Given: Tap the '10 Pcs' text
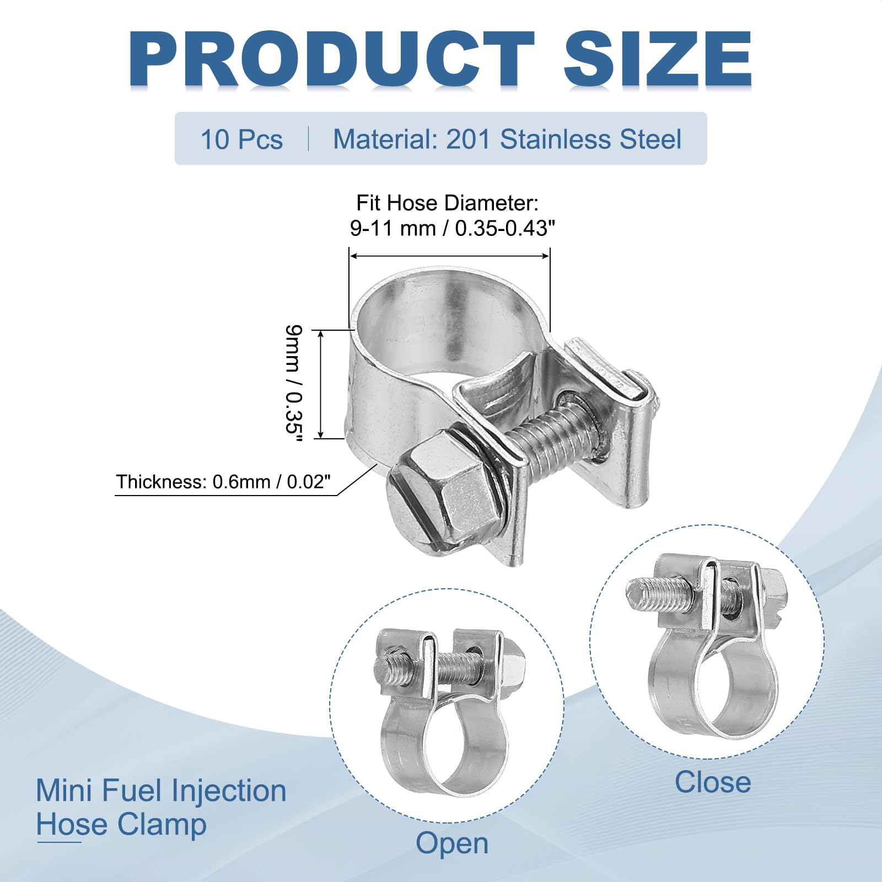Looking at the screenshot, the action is (x=241, y=139).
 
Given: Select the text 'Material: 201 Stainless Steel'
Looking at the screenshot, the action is (x=507, y=139).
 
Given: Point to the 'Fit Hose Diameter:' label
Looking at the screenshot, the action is (x=447, y=203).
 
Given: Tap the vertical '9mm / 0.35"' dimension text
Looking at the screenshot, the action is (x=293, y=384).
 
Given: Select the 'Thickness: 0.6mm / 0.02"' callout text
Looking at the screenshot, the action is (x=223, y=482).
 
